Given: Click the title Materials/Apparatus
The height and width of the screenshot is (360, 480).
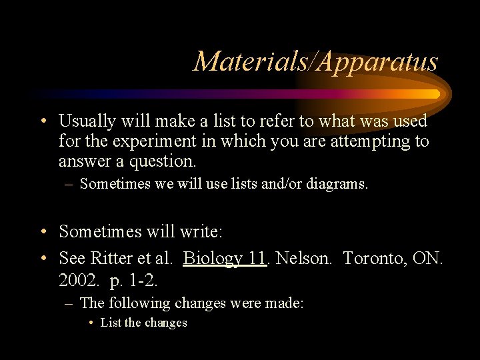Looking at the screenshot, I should [315, 62].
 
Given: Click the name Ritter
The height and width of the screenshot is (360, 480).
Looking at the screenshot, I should [112, 258].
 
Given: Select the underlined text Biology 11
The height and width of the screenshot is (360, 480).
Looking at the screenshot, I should [225, 258].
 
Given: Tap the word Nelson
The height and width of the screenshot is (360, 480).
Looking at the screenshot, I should [301, 258].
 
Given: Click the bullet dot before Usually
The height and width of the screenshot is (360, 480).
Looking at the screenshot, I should [42, 121].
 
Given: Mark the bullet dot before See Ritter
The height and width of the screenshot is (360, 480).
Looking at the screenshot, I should [42, 258].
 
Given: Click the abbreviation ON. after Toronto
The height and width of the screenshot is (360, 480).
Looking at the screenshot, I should [428, 258].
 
